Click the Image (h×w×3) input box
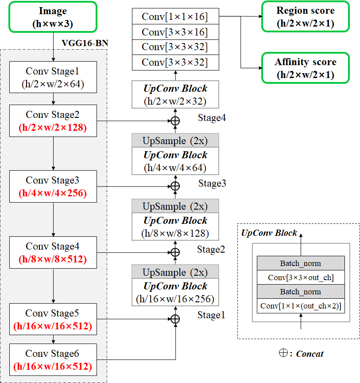pos(53,17)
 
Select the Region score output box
pos(305,17)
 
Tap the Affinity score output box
pos(305,68)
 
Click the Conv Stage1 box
pos(53,77)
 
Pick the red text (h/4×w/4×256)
pos(53,194)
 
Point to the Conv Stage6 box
pos(53,360)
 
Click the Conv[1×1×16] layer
pos(175,17)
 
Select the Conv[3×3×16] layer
pos(175,32)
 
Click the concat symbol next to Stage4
pos(175,121)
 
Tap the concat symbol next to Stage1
pos(175,319)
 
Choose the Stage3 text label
pos(212,183)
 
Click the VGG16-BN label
pos(85,43)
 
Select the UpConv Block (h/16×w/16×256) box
pos(175,293)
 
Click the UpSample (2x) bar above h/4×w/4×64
pos(175,141)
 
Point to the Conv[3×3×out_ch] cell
pos(301,277)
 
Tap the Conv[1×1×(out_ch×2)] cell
pos(301,306)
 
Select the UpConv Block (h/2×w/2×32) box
pos(175,94)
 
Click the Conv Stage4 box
pos(53,253)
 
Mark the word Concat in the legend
pos(310,354)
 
